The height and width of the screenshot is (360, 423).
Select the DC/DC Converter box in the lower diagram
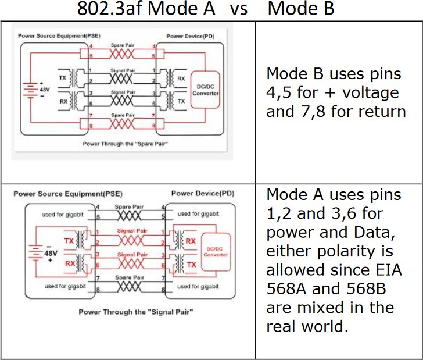(x=216, y=251)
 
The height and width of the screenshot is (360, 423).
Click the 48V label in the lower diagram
(x=51, y=254)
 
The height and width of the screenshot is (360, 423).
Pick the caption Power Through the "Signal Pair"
(x=135, y=312)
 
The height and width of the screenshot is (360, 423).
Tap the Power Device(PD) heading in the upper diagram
(x=188, y=36)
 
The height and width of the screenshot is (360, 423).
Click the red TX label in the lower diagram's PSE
(x=69, y=240)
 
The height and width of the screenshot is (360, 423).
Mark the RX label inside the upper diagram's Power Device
(x=181, y=77)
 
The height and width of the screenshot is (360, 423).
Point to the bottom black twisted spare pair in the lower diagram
(x=130, y=286)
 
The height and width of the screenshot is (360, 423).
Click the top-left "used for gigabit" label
(x=64, y=215)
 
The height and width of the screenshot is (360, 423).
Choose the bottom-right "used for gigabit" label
(x=198, y=287)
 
